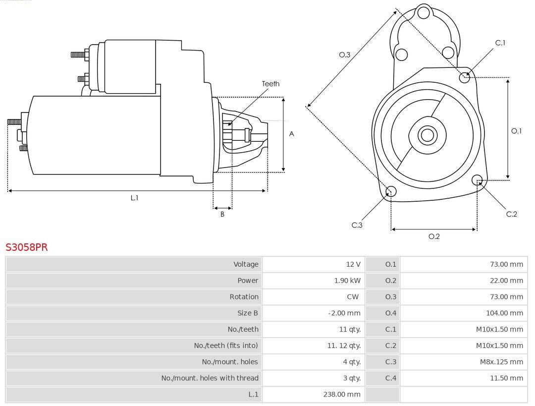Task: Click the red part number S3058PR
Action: (x=27, y=247)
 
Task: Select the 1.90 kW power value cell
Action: (x=347, y=281)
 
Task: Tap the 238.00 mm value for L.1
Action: (x=341, y=394)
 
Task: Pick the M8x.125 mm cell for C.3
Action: (x=501, y=361)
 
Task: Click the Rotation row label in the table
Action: (x=244, y=297)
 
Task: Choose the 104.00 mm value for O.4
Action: (x=504, y=313)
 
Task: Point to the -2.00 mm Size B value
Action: (x=344, y=313)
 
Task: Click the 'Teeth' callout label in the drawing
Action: (x=270, y=84)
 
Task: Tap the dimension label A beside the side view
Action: (x=291, y=134)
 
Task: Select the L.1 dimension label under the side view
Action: (x=134, y=198)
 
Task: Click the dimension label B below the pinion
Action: (x=222, y=214)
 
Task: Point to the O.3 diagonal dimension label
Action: (x=345, y=55)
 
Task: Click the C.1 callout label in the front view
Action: (x=500, y=43)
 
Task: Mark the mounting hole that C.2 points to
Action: (x=478, y=180)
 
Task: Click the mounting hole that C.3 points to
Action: (x=391, y=191)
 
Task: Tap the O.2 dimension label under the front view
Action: (x=434, y=236)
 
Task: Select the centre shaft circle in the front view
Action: (x=427, y=135)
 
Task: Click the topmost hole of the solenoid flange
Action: (x=424, y=13)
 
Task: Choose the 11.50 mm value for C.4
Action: (x=506, y=378)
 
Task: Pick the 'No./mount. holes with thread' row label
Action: (x=210, y=378)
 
